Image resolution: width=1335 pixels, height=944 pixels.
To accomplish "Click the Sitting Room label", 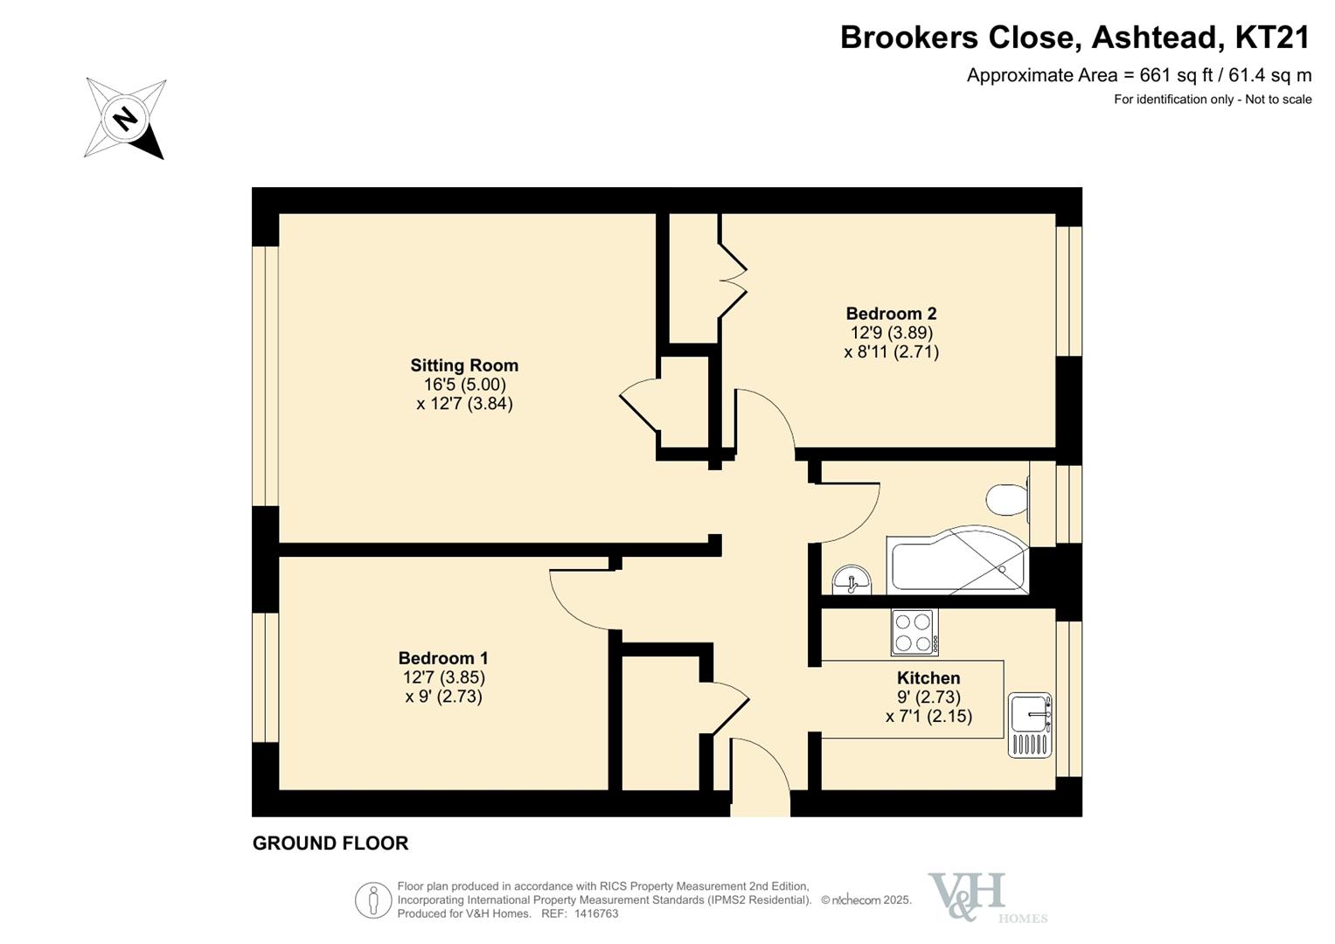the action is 464,364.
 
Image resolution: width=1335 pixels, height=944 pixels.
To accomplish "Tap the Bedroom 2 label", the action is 891,313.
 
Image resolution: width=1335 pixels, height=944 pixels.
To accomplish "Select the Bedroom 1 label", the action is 443,658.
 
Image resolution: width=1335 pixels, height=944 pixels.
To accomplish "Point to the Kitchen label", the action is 928,677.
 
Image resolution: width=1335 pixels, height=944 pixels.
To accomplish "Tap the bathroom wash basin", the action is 852,580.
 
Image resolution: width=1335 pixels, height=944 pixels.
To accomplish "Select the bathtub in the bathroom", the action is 957,560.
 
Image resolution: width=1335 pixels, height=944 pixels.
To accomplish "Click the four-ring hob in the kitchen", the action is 914,632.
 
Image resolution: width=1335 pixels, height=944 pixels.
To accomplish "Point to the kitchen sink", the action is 1030,725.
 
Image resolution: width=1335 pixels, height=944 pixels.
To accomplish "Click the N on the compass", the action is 125,118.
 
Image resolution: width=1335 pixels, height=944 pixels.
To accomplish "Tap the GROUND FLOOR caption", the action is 330,843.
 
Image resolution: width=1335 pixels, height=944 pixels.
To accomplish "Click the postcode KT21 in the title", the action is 1272,37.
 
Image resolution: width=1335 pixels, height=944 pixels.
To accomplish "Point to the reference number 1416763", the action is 596,913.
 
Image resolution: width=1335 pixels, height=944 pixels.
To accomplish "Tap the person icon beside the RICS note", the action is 373,900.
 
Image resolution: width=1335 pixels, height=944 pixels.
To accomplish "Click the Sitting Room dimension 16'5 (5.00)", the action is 465,384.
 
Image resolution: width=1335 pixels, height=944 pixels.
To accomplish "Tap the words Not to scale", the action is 1278,100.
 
